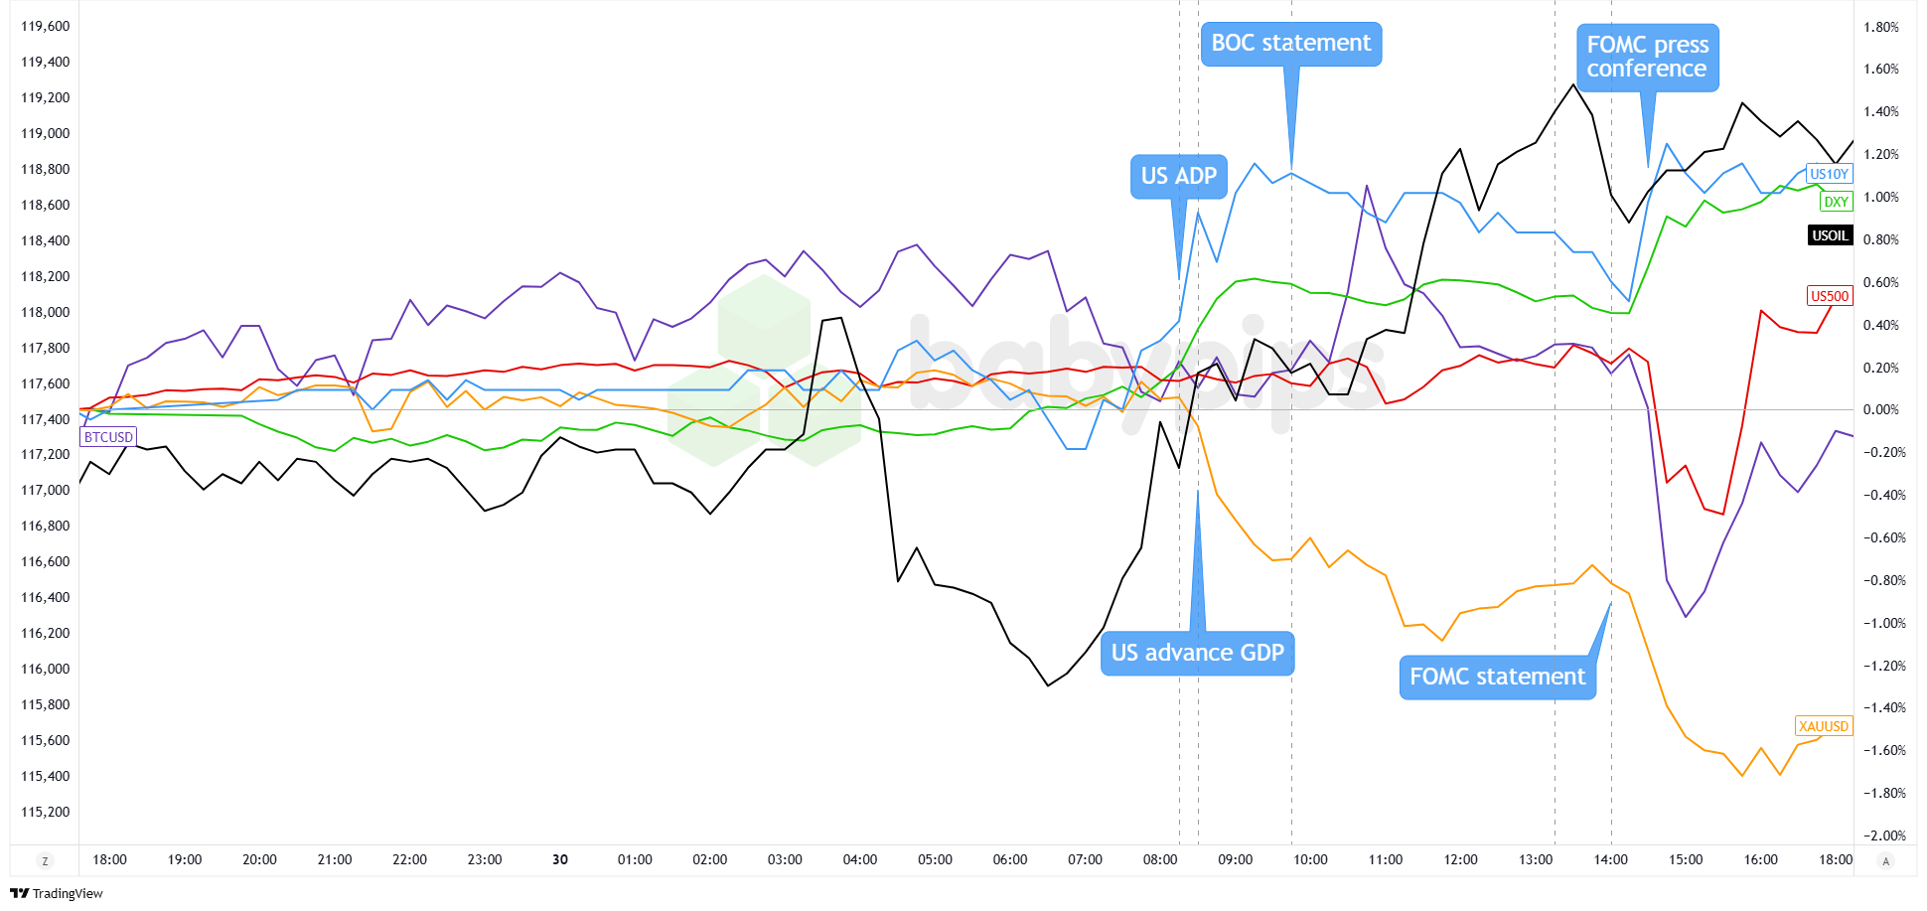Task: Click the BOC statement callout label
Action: (1290, 44)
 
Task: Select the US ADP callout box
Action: (1178, 176)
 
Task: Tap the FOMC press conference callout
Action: (1647, 58)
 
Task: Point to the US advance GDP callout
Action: (1197, 653)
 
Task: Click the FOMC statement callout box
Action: (1497, 677)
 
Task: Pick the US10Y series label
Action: (1829, 174)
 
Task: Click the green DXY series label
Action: (1836, 202)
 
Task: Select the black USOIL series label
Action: (1830, 235)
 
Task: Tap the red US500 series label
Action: (1830, 296)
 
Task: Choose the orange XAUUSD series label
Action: (1824, 726)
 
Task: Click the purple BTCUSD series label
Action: (108, 437)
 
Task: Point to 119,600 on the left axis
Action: (46, 27)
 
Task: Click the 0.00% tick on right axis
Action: (1881, 409)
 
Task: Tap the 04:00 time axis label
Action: (859, 859)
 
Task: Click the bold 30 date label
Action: (560, 859)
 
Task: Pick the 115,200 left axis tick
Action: (46, 812)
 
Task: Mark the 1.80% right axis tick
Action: (1881, 27)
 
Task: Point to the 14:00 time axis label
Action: (1610, 859)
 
